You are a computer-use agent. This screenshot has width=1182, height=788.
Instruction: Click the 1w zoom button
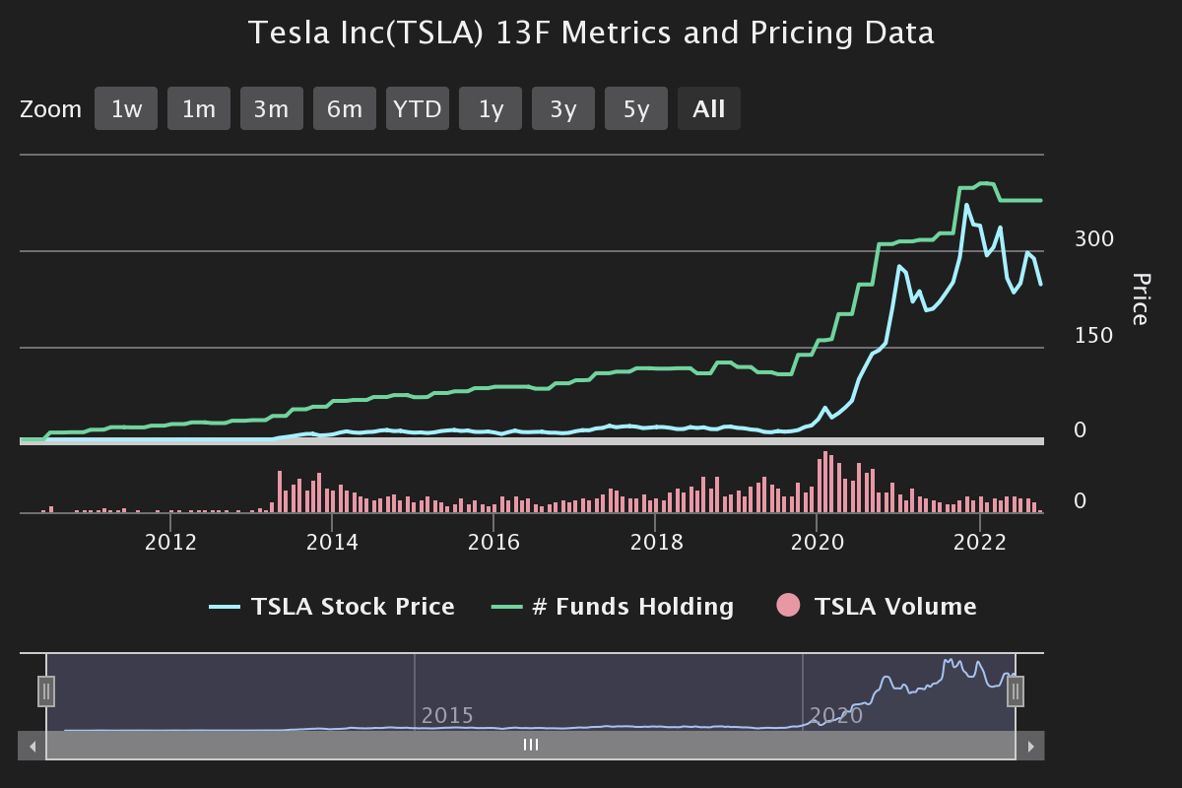(126, 108)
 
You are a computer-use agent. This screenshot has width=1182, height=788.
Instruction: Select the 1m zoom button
(199, 108)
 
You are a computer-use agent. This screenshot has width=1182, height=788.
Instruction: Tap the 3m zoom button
(272, 108)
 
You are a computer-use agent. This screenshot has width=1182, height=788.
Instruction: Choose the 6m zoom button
(345, 108)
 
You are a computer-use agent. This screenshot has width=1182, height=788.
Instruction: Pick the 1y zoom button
(491, 108)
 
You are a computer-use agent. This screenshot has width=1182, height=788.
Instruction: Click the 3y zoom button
(563, 108)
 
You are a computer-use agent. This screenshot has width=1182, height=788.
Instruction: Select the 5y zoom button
(636, 108)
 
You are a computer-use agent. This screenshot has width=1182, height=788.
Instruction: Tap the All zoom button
(709, 108)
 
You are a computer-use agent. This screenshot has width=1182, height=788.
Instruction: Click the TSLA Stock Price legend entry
(333, 607)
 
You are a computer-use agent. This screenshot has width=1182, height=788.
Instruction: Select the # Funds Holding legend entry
(613, 607)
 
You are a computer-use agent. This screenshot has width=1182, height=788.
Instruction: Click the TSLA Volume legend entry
(877, 607)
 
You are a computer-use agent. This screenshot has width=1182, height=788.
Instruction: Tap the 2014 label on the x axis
(333, 542)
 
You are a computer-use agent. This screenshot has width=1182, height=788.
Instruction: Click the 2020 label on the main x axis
(817, 542)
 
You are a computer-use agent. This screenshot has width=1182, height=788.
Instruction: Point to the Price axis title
(1140, 298)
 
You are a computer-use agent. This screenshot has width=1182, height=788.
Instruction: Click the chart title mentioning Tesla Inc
(591, 33)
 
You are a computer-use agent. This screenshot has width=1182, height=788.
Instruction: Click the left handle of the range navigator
(46, 691)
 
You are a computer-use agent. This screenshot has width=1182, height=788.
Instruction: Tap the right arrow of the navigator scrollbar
(1031, 746)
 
